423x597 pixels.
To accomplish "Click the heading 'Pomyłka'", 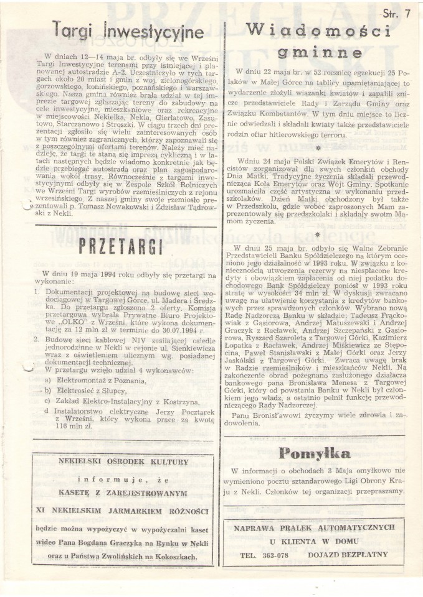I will tap(318, 453).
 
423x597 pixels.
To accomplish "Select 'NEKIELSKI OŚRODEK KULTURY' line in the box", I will tap(123, 463).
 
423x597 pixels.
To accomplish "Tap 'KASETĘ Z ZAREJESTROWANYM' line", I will tap(123, 493).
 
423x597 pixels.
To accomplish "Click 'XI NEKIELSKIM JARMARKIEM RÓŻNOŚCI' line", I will tap(122, 510).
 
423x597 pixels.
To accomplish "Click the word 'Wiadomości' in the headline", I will tap(318, 29).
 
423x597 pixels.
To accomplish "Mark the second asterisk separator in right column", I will tap(318, 235).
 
